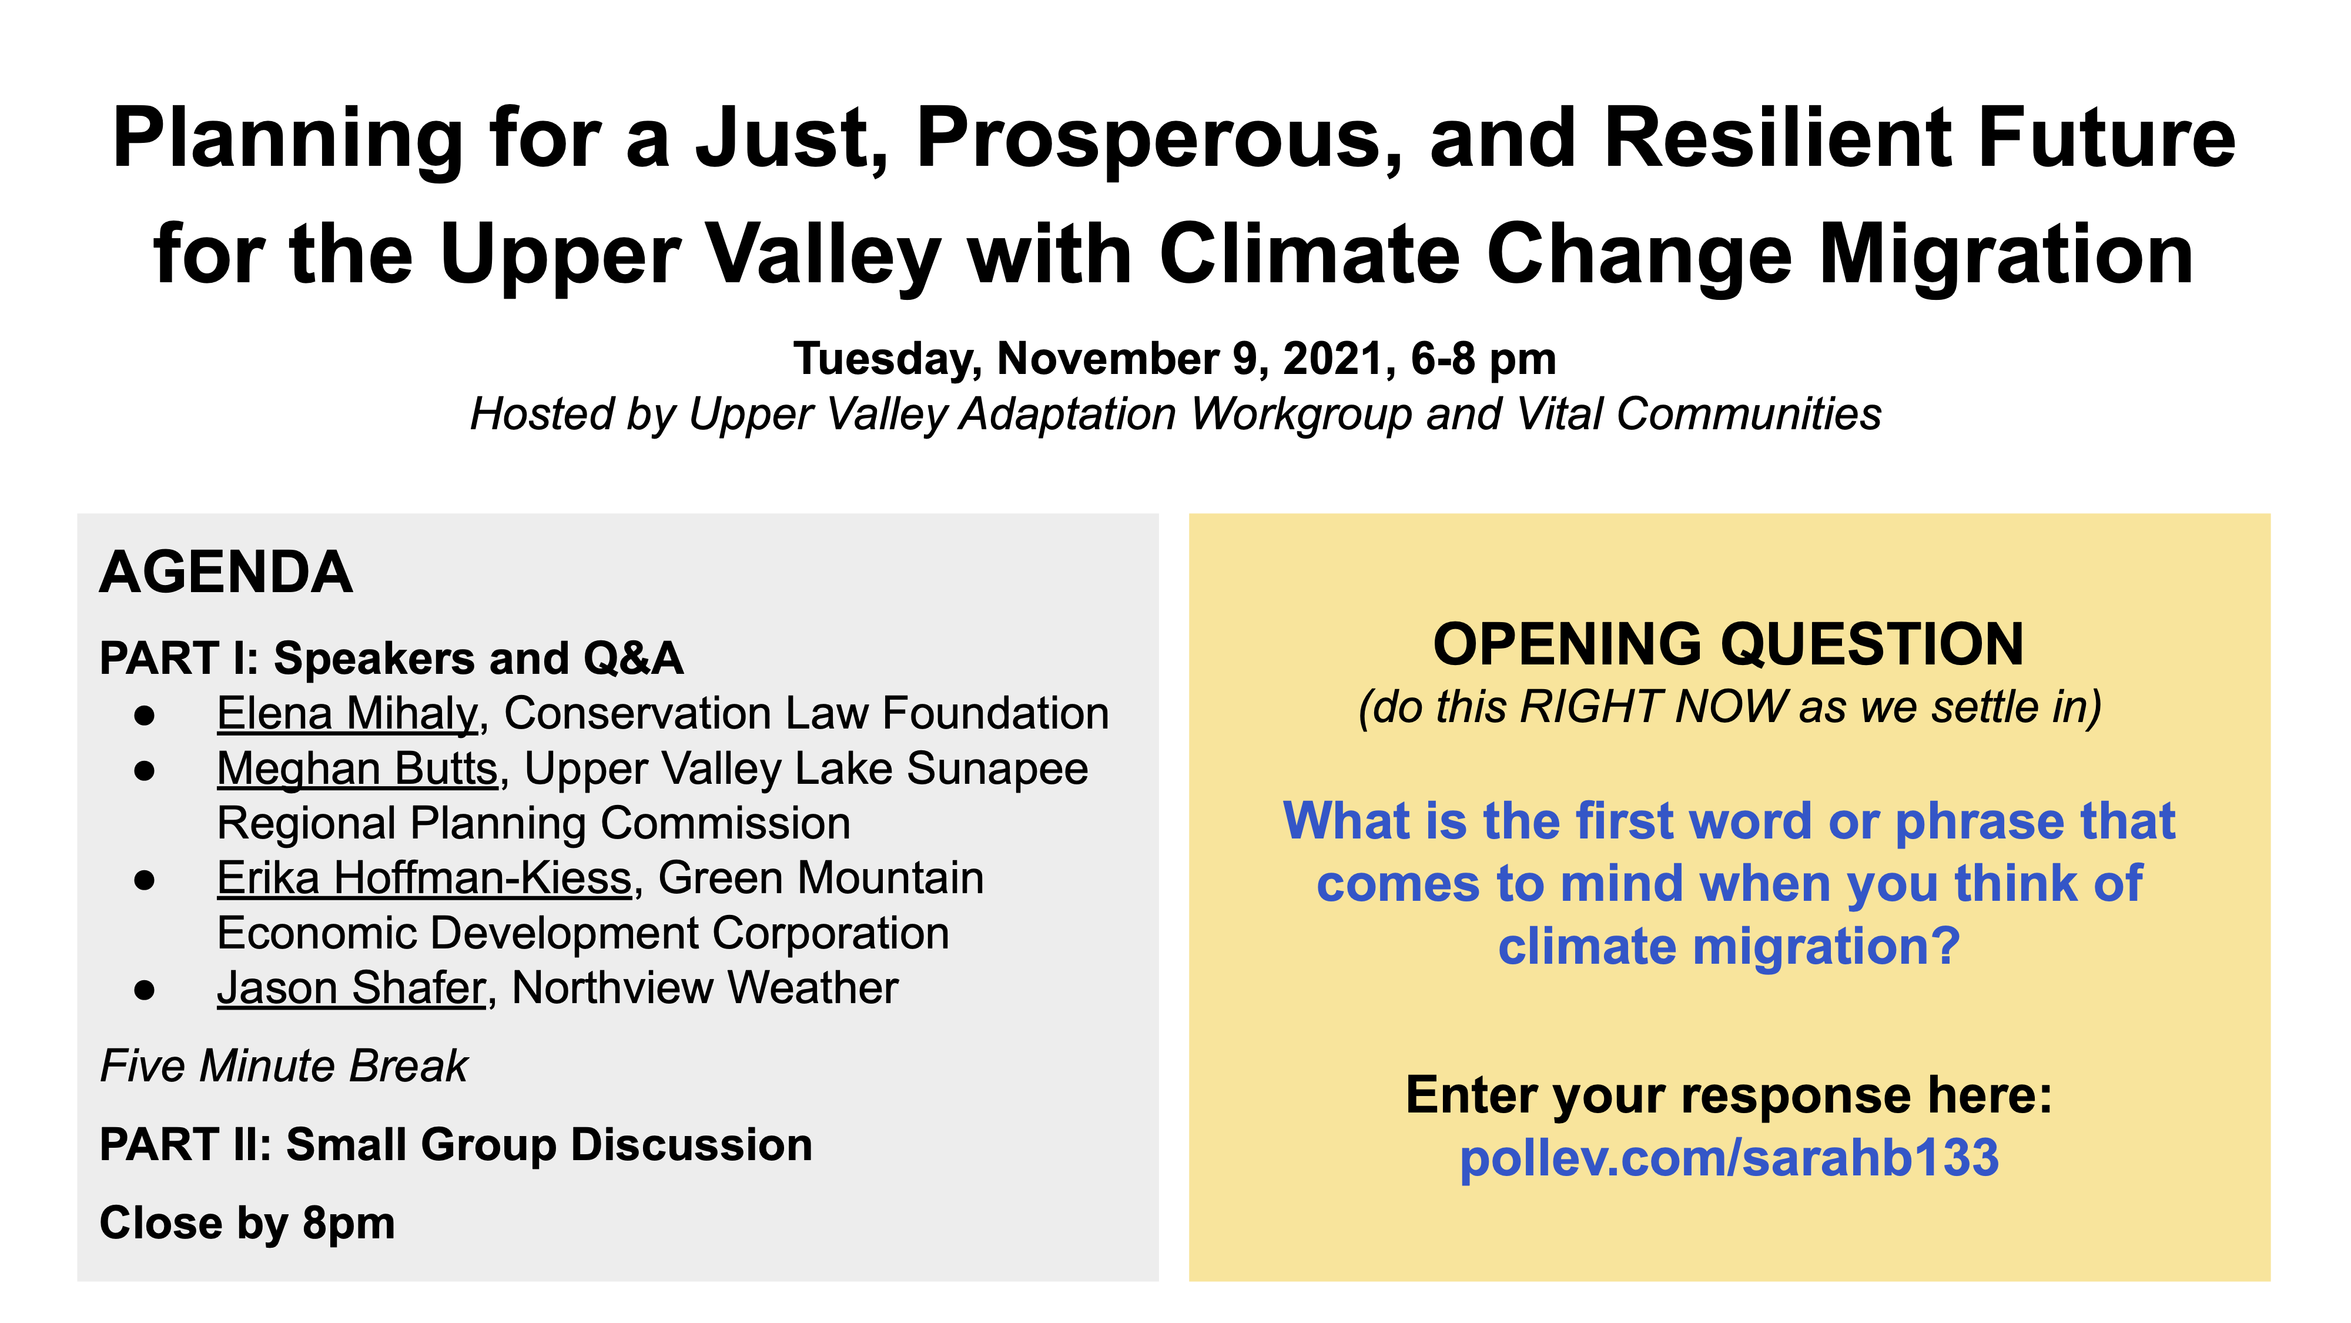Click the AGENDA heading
[226, 573]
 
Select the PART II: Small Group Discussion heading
[456, 1145]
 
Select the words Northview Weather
[705, 988]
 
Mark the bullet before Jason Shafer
[144, 990]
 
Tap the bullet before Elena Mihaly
[144, 716]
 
